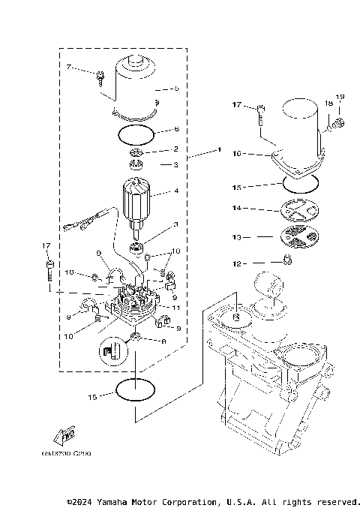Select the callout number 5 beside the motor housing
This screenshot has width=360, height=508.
point(176,89)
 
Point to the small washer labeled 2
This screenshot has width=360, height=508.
point(136,153)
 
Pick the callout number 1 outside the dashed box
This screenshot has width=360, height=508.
point(218,151)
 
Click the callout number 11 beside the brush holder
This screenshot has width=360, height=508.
point(176,308)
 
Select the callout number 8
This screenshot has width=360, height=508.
point(164,340)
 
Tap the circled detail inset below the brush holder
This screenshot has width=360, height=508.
point(109,351)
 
